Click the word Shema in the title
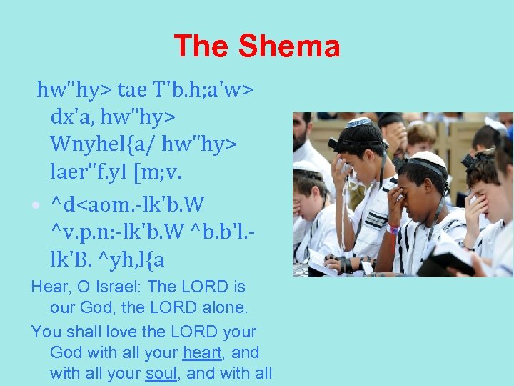pyautogui.click(x=289, y=47)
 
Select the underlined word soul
pyautogui.click(x=161, y=372)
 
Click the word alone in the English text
pyautogui.click(x=214, y=309)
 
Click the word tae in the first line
pyautogui.click(x=131, y=90)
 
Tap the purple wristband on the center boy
pyautogui.click(x=392, y=230)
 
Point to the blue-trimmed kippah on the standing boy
pyautogui.click(x=360, y=122)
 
